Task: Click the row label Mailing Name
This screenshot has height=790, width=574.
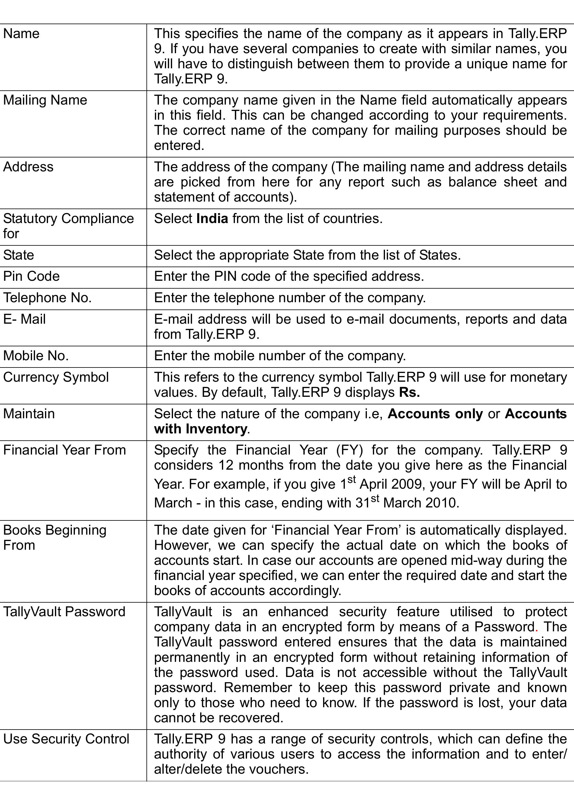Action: (x=45, y=100)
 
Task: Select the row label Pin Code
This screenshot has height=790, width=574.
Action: (x=31, y=276)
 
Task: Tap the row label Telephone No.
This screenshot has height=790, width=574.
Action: (x=47, y=298)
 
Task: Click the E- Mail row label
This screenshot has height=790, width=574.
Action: (x=24, y=319)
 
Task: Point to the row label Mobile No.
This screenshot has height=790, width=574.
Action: (x=36, y=356)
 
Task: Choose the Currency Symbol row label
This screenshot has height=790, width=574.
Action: (x=56, y=377)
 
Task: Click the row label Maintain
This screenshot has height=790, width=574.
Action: (x=29, y=414)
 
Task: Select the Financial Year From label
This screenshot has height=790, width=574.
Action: (x=64, y=450)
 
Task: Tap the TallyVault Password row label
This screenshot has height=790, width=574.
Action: (x=64, y=612)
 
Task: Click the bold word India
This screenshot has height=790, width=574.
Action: (x=212, y=219)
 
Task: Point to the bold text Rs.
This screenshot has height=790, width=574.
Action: (x=409, y=393)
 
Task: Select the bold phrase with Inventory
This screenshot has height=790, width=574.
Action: (x=200, y=429)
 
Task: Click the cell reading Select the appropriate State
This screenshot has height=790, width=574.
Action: (x=307, y=255)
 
